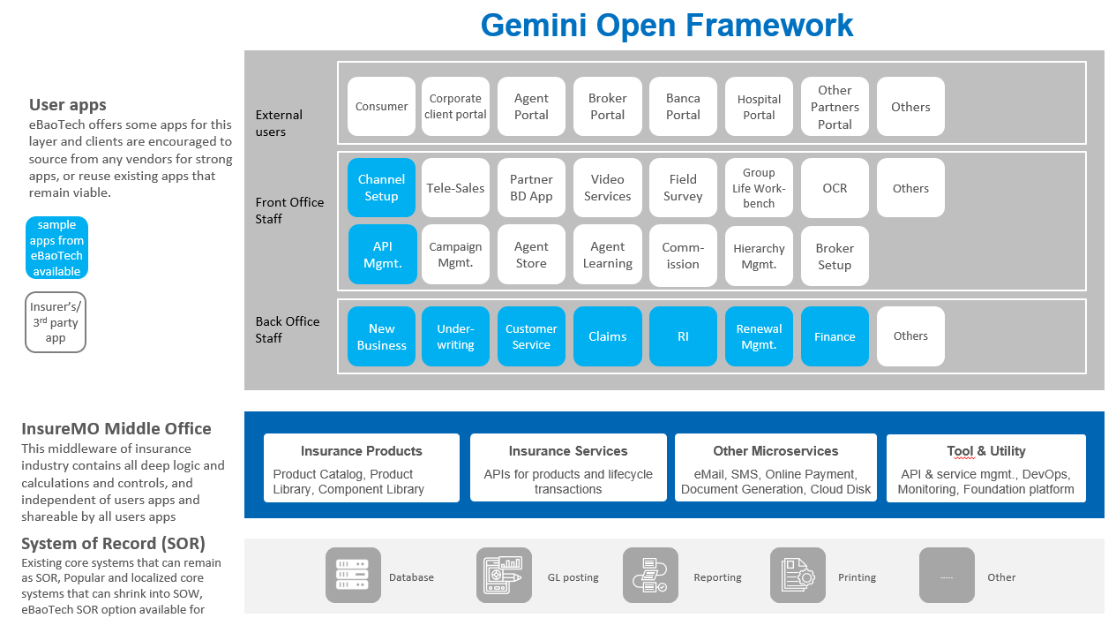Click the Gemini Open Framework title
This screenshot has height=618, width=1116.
tap(667, 25)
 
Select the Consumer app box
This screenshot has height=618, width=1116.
tap(381, 106)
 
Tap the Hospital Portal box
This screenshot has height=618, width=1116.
tap(759, 106)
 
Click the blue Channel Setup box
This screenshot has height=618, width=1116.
tap(381, 187)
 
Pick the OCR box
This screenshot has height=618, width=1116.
tap(835, 187)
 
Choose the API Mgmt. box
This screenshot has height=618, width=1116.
tap(382, 254)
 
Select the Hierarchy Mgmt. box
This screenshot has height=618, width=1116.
tap(759, 256)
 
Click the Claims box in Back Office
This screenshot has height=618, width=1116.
tap(607, 336)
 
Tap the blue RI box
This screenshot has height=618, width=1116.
tap(683, 336)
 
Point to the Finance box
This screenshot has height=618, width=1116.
tap(835, 336)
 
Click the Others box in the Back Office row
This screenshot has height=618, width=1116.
tap(910, 336)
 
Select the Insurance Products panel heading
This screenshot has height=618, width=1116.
tap(361, 451)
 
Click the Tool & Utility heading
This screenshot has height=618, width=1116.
tap(986, 451)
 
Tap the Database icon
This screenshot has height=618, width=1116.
tap(353, 575)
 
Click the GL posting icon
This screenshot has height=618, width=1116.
tap(504, 575)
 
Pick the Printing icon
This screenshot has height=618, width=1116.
tap(798, 575)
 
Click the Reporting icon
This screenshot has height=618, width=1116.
tap(650, 575)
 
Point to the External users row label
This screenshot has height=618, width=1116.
tap(279, 123)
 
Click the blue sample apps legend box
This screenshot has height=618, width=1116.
tap(56, 248)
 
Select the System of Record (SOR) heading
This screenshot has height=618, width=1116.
tap(113, 543)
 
